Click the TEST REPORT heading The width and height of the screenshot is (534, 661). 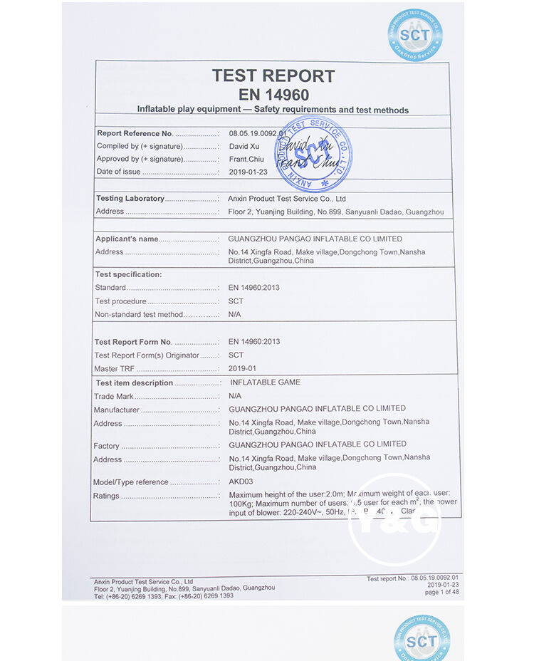point(273,76)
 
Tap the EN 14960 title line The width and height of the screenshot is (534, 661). point(273,95)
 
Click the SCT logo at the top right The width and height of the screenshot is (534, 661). point(414,35)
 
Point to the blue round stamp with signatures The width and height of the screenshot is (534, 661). point(313,154)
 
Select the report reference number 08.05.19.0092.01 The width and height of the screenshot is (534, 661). point(257,133)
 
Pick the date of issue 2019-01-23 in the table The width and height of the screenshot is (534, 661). point(247,172)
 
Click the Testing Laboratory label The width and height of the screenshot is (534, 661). point(130,199)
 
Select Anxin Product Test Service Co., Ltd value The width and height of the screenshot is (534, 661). point(287,199)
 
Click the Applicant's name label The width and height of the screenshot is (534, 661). point(127,239)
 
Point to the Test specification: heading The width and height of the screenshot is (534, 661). point(128,274)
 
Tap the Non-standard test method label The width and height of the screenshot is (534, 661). point(140,315)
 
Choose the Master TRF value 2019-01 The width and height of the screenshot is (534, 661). point(242,368)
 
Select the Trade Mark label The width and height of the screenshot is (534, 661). point(114,396)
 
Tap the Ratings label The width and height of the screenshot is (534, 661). point(107,496)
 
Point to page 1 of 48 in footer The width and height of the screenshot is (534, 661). point(442,592)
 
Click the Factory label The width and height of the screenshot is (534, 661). point(107,446)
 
